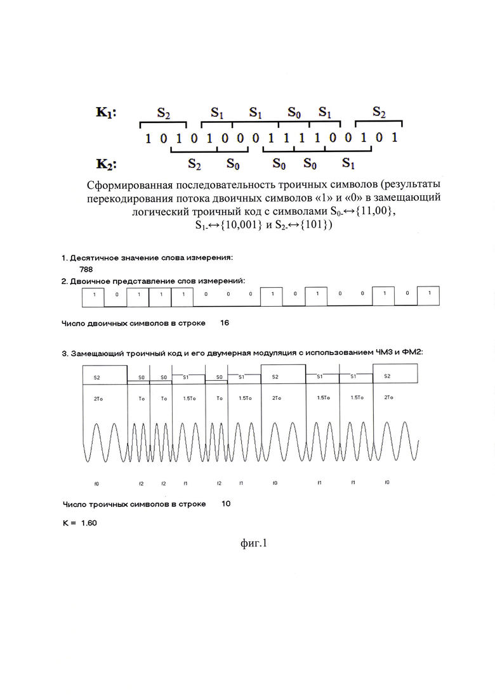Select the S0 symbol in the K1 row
click(294, 114)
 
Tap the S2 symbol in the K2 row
click(195, 164)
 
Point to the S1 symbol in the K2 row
click(348, 164)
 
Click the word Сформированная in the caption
click(131, 185)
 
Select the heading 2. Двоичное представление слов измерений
click(153, 280)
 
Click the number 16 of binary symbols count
click(225, 323)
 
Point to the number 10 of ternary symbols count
click(227, 504)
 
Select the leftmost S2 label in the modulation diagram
click(96, 377)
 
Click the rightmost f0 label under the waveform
click(387, 483)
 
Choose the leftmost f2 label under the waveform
click(141, 484)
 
